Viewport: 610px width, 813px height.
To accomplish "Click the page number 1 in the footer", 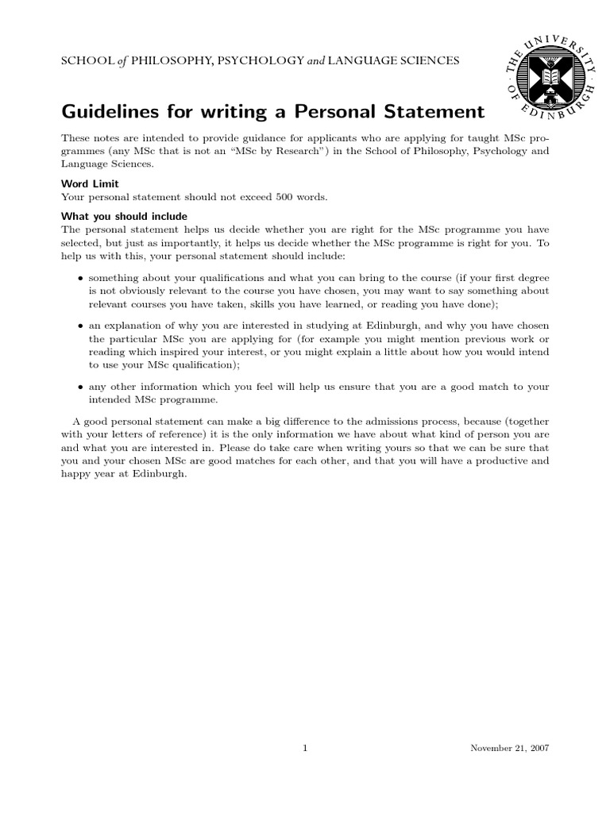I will click(305, 748).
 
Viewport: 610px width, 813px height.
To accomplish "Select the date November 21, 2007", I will click(509, 748).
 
